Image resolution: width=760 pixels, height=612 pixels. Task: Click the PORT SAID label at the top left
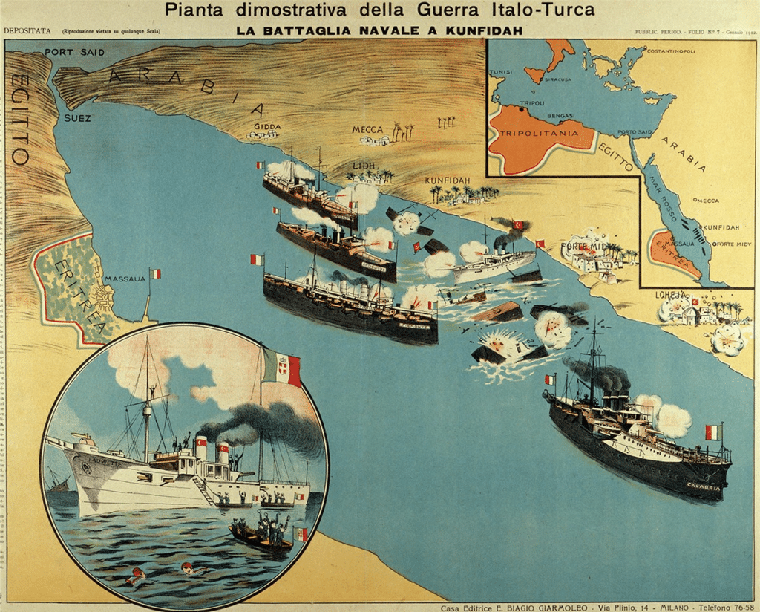[74, 52]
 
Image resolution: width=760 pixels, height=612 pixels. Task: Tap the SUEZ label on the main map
[77, 117]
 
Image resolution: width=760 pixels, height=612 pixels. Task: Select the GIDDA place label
[267, 126]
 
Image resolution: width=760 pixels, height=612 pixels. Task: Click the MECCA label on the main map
[367, 130]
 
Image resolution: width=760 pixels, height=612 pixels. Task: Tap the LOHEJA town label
[671, 294]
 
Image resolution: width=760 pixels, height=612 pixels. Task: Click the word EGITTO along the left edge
[20, 119]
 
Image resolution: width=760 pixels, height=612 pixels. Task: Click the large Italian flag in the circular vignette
[281, 368]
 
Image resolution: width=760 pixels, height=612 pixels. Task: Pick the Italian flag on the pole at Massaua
[155, 273]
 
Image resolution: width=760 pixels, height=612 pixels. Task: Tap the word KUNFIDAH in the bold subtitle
[486, 30]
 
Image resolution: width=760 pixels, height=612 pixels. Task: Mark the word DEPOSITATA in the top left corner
[27, 31]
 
